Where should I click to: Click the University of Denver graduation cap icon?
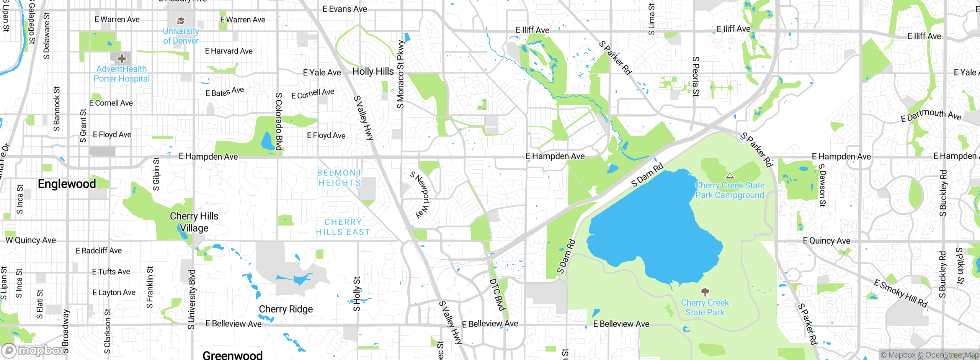coord(181,21)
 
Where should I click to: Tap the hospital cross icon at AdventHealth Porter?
coord(122,59)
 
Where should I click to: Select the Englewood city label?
coord(67,184)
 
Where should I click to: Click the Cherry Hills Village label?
coord(194,222)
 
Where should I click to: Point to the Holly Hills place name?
coord(373,72)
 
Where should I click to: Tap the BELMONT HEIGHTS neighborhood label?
coord(340,178)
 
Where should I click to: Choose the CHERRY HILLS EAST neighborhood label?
coord(343,227)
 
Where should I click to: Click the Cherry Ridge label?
coord(286,309)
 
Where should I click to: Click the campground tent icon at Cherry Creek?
coord(730,176)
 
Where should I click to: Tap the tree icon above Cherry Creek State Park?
coord(705,292)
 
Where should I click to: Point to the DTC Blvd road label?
coord(498,294)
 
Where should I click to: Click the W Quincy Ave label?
coord(31,240)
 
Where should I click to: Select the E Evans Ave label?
coord(345,9)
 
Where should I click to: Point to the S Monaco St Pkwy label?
coord(400,75)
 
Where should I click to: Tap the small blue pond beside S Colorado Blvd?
coord(266,141)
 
